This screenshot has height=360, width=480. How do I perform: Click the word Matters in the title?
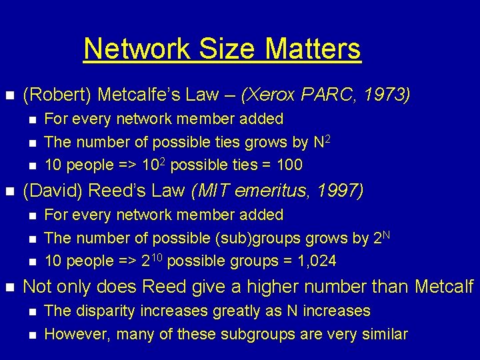pyautogui.click(x=313, y=49)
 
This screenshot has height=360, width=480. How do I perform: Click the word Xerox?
pyautogui.click(x=269, y=95)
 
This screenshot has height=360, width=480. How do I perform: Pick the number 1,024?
pyautogui.click(x=314, y=261)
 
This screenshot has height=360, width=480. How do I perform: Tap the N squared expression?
pyautogui.click(x=320, y=141)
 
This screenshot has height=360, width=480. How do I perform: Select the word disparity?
pyautogui.click(x=101, y=311)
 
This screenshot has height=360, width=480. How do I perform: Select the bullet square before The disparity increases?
pyautogui.click(x=31, y=311)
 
